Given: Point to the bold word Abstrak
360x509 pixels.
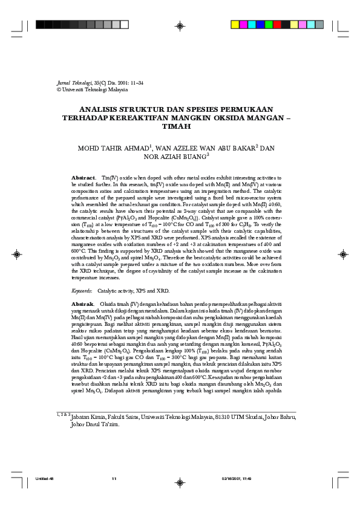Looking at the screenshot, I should (x=82, y=303).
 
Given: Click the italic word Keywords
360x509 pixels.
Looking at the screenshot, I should (x=82, y=290).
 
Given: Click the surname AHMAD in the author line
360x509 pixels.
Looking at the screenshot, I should (x=134, y=148).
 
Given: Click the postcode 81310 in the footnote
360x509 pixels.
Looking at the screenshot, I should (x=224, y=417).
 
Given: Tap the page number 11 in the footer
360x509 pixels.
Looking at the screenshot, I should (x=114, y=479).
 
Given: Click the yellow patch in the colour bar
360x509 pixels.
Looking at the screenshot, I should (x=235, y=25).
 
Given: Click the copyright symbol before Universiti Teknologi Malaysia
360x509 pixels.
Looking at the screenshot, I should (x=58, y=89).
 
